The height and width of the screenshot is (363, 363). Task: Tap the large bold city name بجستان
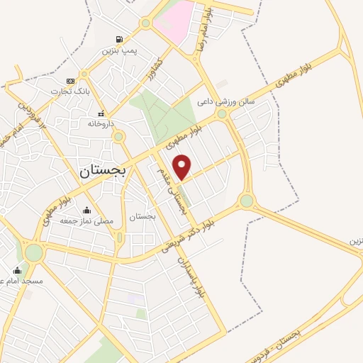point(102,170)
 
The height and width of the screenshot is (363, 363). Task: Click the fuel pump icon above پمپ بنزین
point(118,39)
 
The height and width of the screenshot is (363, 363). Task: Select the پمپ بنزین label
point(118,51)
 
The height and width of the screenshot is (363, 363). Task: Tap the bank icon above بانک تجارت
point(69,81)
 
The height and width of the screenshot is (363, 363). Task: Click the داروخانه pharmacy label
point(100,123)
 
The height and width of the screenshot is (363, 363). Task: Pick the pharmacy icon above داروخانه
point(101,113)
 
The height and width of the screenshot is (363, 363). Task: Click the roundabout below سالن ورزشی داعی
point(222,113)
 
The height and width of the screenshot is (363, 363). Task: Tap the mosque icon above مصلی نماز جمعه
point(86,210)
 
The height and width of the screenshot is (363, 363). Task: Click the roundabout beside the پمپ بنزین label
point(145,23)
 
